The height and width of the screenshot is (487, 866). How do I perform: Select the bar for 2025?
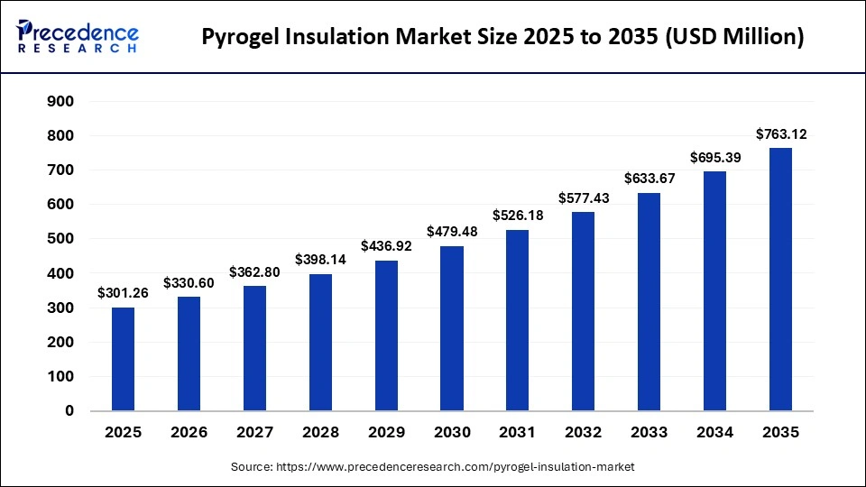tap(123, 359)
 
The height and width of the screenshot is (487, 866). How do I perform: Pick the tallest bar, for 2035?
tap(780, 280)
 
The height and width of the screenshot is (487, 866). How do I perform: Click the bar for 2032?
tap(584, 311)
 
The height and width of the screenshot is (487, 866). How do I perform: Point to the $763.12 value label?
tap(780, 135)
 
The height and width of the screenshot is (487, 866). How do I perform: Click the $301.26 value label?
tap(123, 294)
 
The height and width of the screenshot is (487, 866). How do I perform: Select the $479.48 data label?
tap(452, 233)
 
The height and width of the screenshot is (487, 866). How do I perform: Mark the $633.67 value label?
tap(649, 179)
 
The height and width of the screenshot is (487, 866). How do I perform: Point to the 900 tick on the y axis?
tap(60, 101)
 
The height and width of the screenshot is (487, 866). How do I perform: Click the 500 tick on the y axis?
tap(60, 239)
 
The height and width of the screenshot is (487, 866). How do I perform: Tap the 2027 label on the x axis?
tap(254, 433)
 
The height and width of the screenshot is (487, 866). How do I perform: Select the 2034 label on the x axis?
tap(715, 433)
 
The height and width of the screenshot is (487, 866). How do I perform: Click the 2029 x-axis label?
tap(386, 433)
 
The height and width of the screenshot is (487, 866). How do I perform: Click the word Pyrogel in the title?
tap(242, 38)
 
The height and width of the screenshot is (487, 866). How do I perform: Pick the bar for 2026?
tap(189, 354)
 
